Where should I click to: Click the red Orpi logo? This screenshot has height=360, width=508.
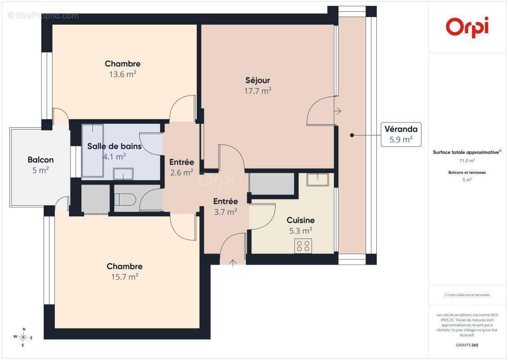pos(467,27)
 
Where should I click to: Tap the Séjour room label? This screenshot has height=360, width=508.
pos(258,81)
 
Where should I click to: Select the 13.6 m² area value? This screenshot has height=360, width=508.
pos(123,74)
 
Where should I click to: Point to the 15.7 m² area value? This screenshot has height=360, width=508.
pos(125,277)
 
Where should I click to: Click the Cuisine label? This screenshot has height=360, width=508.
pos(301,220)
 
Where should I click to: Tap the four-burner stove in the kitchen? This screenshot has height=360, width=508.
pos(303,246)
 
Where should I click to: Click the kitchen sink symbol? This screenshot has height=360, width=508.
pos(318,180)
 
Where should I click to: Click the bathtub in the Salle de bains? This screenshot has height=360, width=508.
pos(92,150)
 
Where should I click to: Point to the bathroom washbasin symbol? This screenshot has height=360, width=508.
pos(123,174)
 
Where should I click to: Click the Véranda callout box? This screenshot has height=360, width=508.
pos(401,134)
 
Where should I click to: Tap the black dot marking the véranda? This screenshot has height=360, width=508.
pos(352,135)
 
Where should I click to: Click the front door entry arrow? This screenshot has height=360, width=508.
pos(232,263)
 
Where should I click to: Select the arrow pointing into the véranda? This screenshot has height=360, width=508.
pos(338,111)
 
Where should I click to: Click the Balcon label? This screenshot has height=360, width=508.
pos(40,160)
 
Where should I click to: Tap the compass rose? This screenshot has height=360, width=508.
pos(23,337)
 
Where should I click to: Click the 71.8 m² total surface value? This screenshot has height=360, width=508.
pos(467,161)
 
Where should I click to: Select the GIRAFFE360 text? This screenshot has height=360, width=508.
pos(467,345)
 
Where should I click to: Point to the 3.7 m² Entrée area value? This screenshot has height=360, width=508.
pos(226,212)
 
